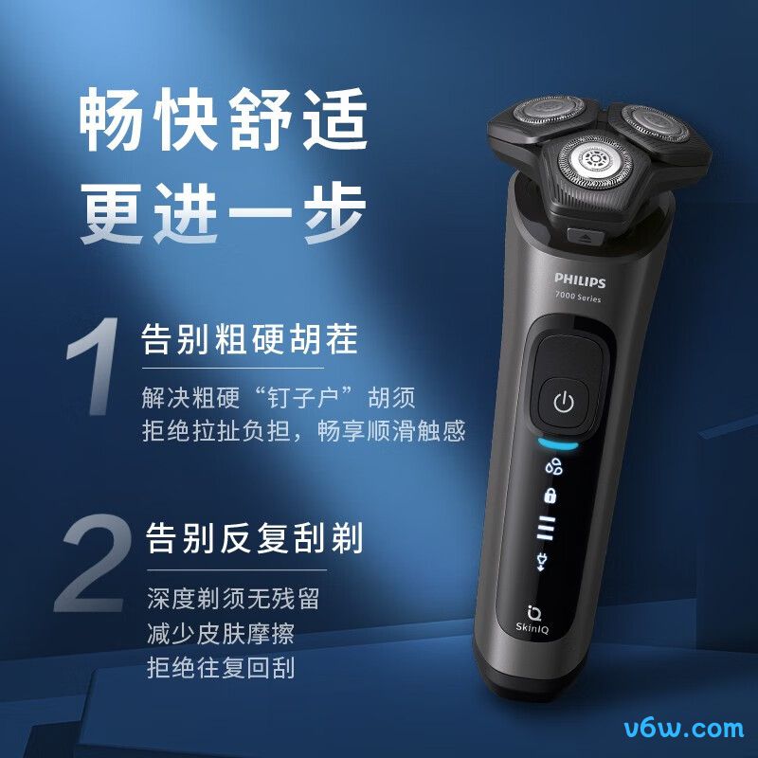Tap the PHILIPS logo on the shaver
[580, 281]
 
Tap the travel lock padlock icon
[549, 496]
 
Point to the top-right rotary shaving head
[652, 119]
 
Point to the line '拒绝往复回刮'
[221, 667]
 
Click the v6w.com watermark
[684, 729]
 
